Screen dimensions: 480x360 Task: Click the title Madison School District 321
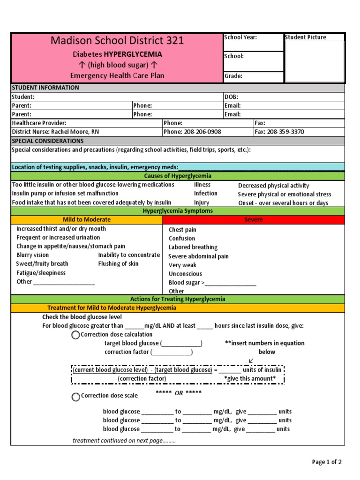click(117, 41)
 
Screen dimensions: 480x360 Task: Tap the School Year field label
click(240, 37)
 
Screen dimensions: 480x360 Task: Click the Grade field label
click(233, 76)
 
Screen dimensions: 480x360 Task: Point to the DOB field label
click(232, 97)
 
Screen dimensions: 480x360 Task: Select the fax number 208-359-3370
click(285, 132)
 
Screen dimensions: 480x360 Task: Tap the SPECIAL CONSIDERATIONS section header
click(48, 141)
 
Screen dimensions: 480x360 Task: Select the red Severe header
click(254, 219)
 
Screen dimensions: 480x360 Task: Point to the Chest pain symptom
click(182, 230)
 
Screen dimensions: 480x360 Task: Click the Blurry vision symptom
click(32, 255)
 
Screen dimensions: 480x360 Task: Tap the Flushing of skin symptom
click(118, 263)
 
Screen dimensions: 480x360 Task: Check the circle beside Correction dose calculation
click(75, 335)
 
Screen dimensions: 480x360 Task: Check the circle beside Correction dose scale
click(75, 397)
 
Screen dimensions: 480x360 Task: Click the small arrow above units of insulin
click(251, 360)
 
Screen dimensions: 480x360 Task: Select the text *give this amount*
click(250, 378)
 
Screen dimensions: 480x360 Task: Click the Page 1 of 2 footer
click(327, 462)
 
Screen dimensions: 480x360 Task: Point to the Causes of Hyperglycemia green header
click(178, 176)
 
